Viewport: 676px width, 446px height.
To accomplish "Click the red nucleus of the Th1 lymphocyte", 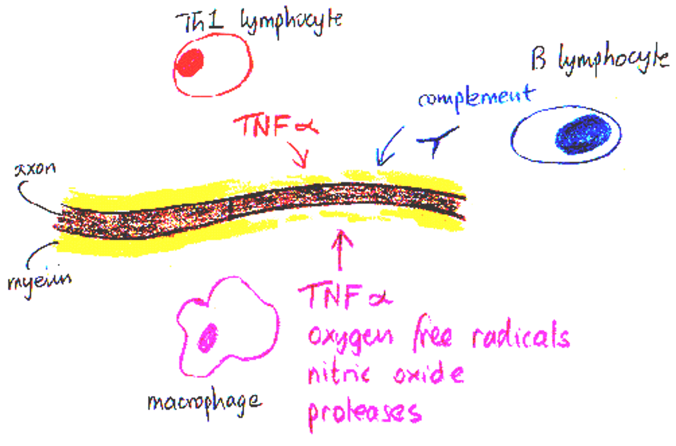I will pos(190,63).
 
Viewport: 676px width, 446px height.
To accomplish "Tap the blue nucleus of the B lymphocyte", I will pos(583,134).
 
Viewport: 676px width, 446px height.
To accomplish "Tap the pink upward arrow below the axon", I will pos(340,248).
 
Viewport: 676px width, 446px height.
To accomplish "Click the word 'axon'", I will pos(35,169).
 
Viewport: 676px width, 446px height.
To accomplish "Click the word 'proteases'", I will pos(364,413).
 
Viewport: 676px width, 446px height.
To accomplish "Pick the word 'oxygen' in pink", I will pos(350,336).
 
